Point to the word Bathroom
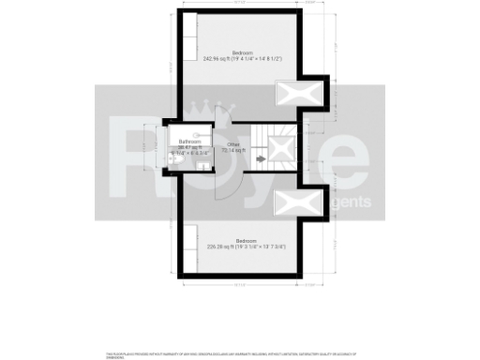[191, 142]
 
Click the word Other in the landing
[232, 143]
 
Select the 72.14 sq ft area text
[232, 150]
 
